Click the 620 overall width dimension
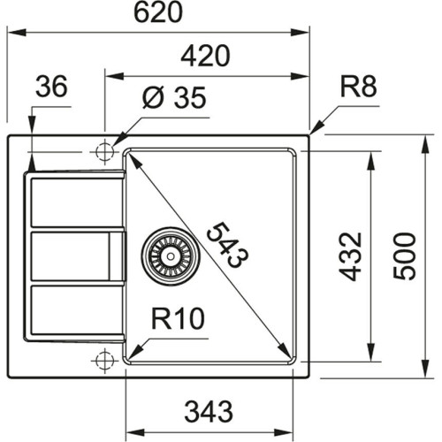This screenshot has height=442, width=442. click(159, 13)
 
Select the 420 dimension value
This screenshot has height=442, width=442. click(206, 56)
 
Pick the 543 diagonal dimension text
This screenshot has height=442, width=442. click(226, 244)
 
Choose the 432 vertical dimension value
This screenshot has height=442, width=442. click(351, 256)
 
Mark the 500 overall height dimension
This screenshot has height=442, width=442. click(403, 256)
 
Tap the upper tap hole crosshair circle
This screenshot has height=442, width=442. click(104, 151)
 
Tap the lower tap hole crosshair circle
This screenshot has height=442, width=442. click(104, 359)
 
